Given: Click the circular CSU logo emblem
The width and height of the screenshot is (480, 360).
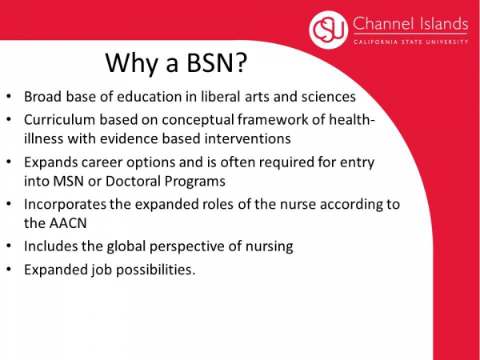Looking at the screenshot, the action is point(329,30).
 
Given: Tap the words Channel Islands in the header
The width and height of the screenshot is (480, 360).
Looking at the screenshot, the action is point(410,23).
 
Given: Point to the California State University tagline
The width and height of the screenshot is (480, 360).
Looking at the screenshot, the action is point(411,42).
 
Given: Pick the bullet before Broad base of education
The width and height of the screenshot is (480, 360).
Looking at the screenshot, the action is point(9,97).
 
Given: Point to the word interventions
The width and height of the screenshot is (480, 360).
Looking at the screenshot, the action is point(248,138).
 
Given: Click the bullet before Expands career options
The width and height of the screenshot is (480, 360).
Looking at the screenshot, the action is point(9,162).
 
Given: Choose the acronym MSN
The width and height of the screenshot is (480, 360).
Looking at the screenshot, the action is point(68,182).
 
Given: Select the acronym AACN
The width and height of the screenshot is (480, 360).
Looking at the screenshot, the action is point(68,223).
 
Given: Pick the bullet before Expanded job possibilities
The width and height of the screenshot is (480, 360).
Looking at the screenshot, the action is point(9,270).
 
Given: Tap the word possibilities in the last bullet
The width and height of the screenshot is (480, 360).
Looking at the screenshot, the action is point(155,270).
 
